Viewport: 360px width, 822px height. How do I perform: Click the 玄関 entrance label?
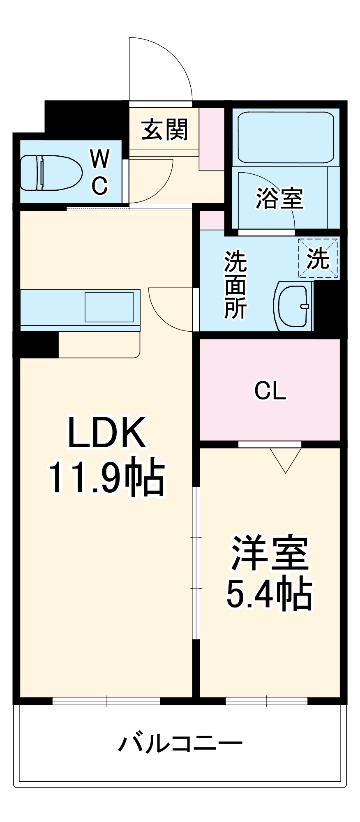coord(164,129)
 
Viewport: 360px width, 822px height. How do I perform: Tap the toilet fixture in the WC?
coord(49,173)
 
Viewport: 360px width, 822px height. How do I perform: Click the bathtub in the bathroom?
coord(286,137)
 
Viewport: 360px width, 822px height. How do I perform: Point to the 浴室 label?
coord(279,198)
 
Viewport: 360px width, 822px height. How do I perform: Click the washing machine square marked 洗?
coord(318,259)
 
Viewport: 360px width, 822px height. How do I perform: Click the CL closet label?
coord(270,390)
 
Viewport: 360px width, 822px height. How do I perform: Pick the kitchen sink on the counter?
coord(109,307)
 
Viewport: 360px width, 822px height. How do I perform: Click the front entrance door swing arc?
coord(164,66)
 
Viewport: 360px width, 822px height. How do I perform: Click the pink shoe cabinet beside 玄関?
coord(212,139)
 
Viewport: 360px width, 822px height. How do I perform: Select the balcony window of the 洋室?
coord(266,701)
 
